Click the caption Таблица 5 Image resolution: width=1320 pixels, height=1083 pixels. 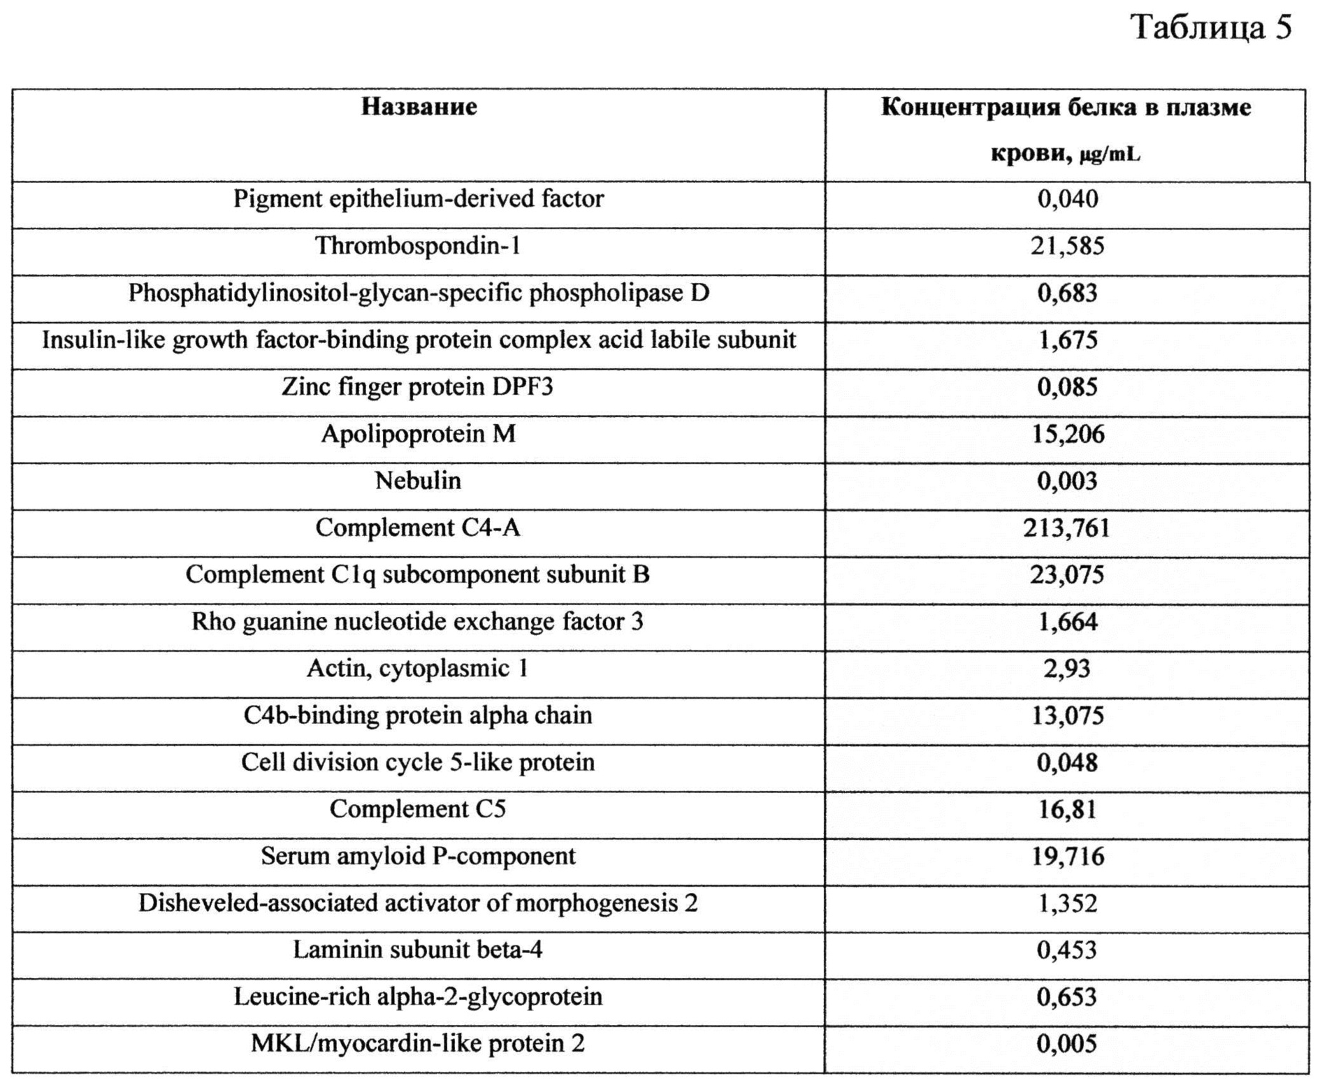point(1212,28)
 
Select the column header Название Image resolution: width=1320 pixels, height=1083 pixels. point(419,107)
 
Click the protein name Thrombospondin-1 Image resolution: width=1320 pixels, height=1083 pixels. point(418,246)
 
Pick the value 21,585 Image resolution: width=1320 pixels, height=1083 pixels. point(1067,246)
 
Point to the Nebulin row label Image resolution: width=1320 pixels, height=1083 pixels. point(418,481)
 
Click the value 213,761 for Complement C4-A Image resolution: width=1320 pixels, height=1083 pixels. point(1067,528)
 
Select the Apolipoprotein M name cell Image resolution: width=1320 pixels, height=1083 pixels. point(418,434)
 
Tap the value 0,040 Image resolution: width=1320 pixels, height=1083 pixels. point(1067,199)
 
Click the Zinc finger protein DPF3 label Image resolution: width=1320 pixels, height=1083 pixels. point(418,387)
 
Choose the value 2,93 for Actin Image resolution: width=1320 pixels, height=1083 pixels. point(1067,669)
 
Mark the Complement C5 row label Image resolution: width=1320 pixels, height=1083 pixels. point(418,809)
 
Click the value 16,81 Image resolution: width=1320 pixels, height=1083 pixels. point(1067,809)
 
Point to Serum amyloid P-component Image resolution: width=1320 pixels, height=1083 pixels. point(418,856)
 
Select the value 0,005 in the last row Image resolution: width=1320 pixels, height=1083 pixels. point(1067,1044)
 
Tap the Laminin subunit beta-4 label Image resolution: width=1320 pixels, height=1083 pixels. point(418,950)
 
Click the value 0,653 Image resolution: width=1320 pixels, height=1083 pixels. point(1067,997)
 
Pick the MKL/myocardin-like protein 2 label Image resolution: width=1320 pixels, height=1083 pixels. point(418,1044)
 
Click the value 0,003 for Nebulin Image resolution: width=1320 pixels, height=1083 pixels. point(1067,481)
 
